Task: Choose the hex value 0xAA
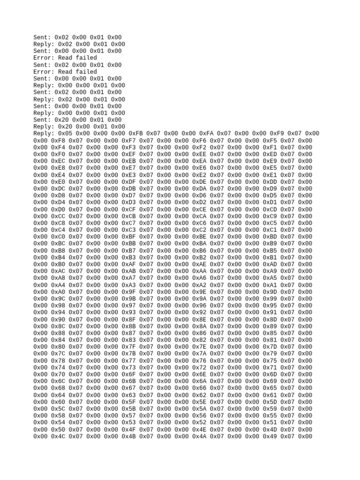(x=199, y=271)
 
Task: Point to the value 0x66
(x=199, y=388)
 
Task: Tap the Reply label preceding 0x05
(x=44, y=134)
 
